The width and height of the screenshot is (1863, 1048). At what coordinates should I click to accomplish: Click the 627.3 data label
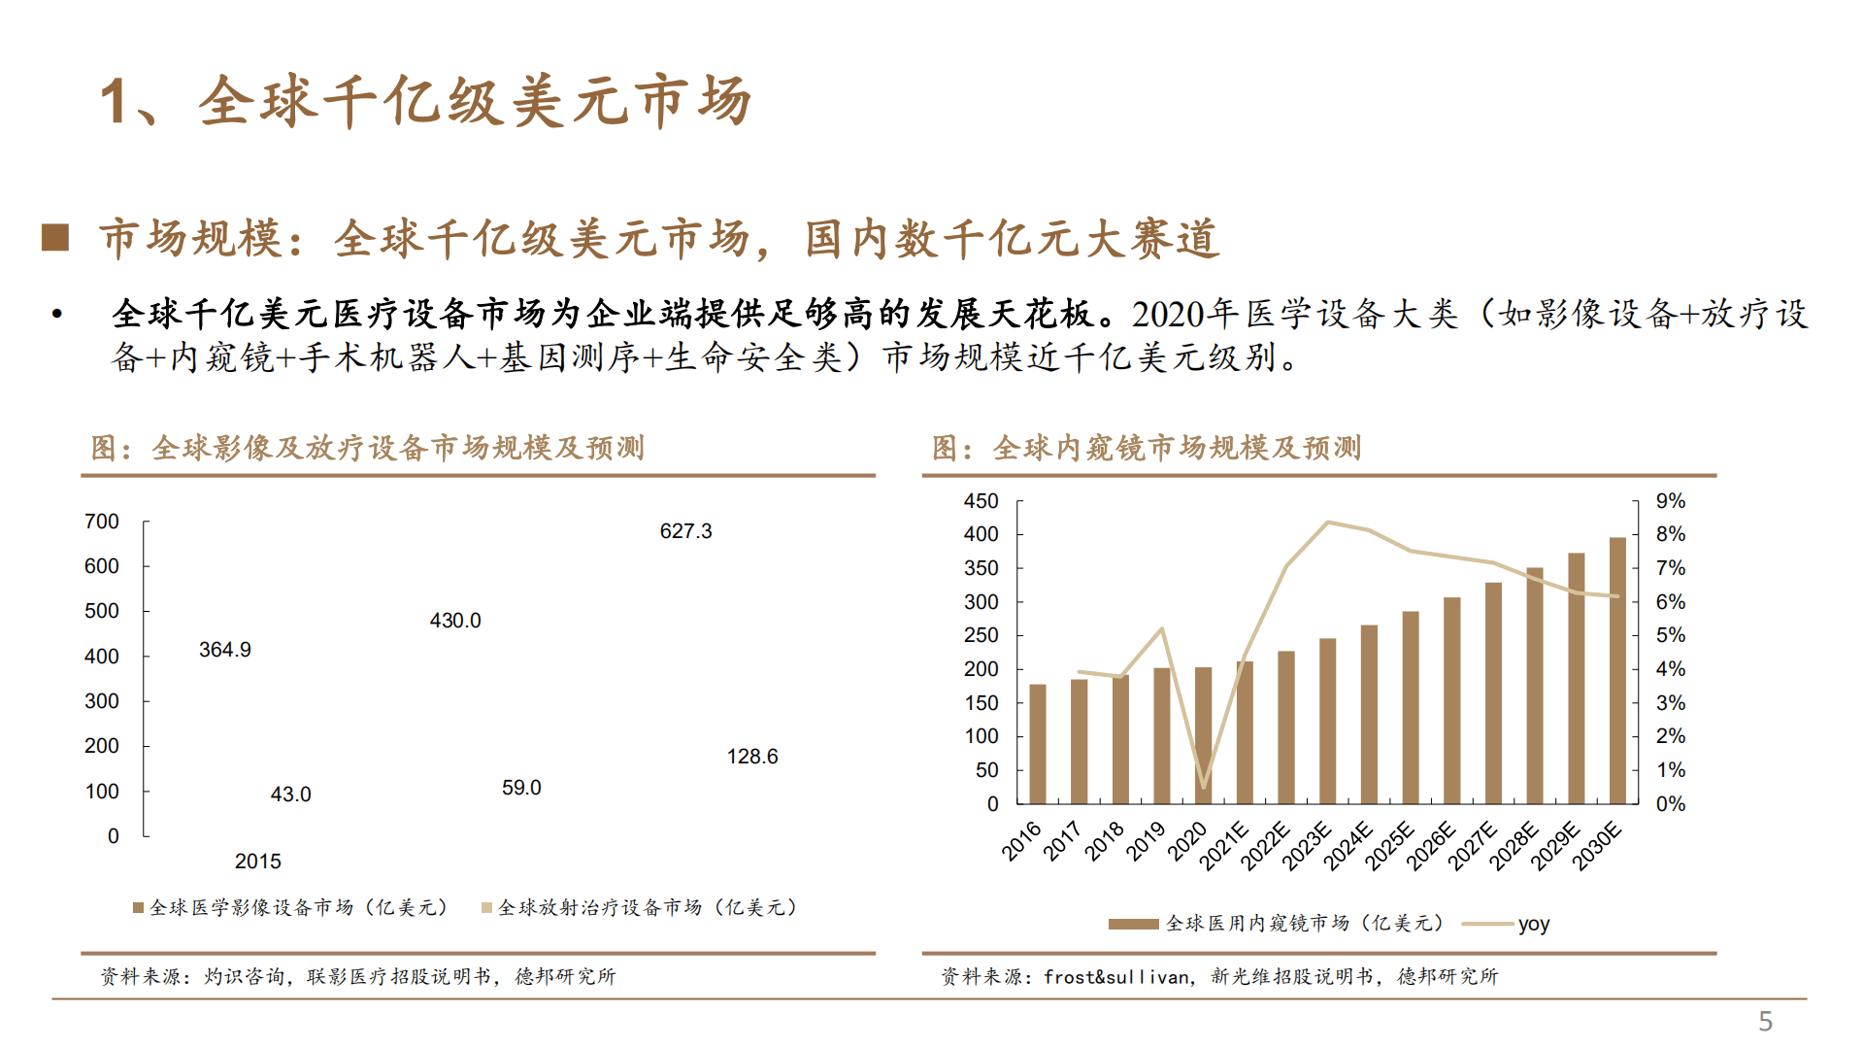pyautogui.click(x=685, y=531)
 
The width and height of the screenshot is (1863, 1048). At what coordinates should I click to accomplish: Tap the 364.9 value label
pyautogui.click(x=224, y=650)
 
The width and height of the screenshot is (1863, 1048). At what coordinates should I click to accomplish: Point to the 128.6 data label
pyautogui.click(x=751, y=757)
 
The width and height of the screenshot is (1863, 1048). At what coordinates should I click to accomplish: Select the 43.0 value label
pyautogui.click(x=290, y=794)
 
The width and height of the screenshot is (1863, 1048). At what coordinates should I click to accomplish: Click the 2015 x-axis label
pyautogui.click(x=257, y=862)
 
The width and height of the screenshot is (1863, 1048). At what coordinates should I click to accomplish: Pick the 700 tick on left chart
pyautogui.click(x=102, y=522)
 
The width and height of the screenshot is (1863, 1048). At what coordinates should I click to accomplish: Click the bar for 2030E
pyautogui.click(x=1617, y=670)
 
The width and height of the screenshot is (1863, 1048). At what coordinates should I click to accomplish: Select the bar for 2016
pyautogui.click(x=1037, y=744)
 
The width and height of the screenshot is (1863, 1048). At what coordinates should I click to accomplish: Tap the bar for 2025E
pyautogui.click(x=1410, y=707)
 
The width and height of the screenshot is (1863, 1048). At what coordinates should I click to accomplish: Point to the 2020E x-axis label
pyautogui.click(x=1187, y=841)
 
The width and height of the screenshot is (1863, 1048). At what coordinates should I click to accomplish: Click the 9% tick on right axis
pyautogui.click(x=1670, y=501)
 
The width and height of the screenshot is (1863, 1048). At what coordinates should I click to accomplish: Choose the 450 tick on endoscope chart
pyautogui.click(x=981, y=501)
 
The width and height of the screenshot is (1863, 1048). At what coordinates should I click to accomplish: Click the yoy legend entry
pyautogui.click(x=1533, y=925)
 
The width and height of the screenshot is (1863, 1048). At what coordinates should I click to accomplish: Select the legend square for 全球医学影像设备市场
pyautogui.click(x=138, y=908)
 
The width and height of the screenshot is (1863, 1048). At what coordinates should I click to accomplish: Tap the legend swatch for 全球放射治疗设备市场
pyautogui.click(x=486, y=908)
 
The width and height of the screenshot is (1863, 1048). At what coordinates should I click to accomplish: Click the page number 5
pyautogui.click(x=1765, y=1021)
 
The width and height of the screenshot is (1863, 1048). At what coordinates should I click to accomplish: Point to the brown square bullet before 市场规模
pyautogui.click(x=55, y=238)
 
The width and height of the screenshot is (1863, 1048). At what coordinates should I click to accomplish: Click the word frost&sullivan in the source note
pyautogui.click(x=1115, y=977)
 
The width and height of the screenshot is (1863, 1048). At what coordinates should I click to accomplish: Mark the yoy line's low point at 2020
pyautogui.click(x=1204, y=787)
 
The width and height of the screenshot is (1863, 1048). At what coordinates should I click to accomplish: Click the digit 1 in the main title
pyautogui.click(x=115, y=102)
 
